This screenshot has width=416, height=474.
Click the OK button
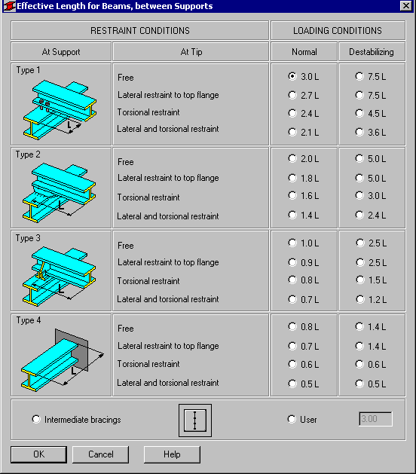(38, 454)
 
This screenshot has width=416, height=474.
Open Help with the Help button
(172, 454)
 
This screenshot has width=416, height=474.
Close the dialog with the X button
(406, 6)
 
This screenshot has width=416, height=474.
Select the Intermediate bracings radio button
(36, 419)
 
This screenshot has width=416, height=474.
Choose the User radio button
(292, 419)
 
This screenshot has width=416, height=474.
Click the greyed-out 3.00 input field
(375, 419)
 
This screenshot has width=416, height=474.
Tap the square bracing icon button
(195, 420)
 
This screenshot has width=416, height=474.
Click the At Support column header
(61, 52)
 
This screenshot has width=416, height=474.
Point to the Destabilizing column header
(372, 52)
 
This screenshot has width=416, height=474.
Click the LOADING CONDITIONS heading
(338, 31)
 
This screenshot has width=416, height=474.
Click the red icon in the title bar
(9, 6)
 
